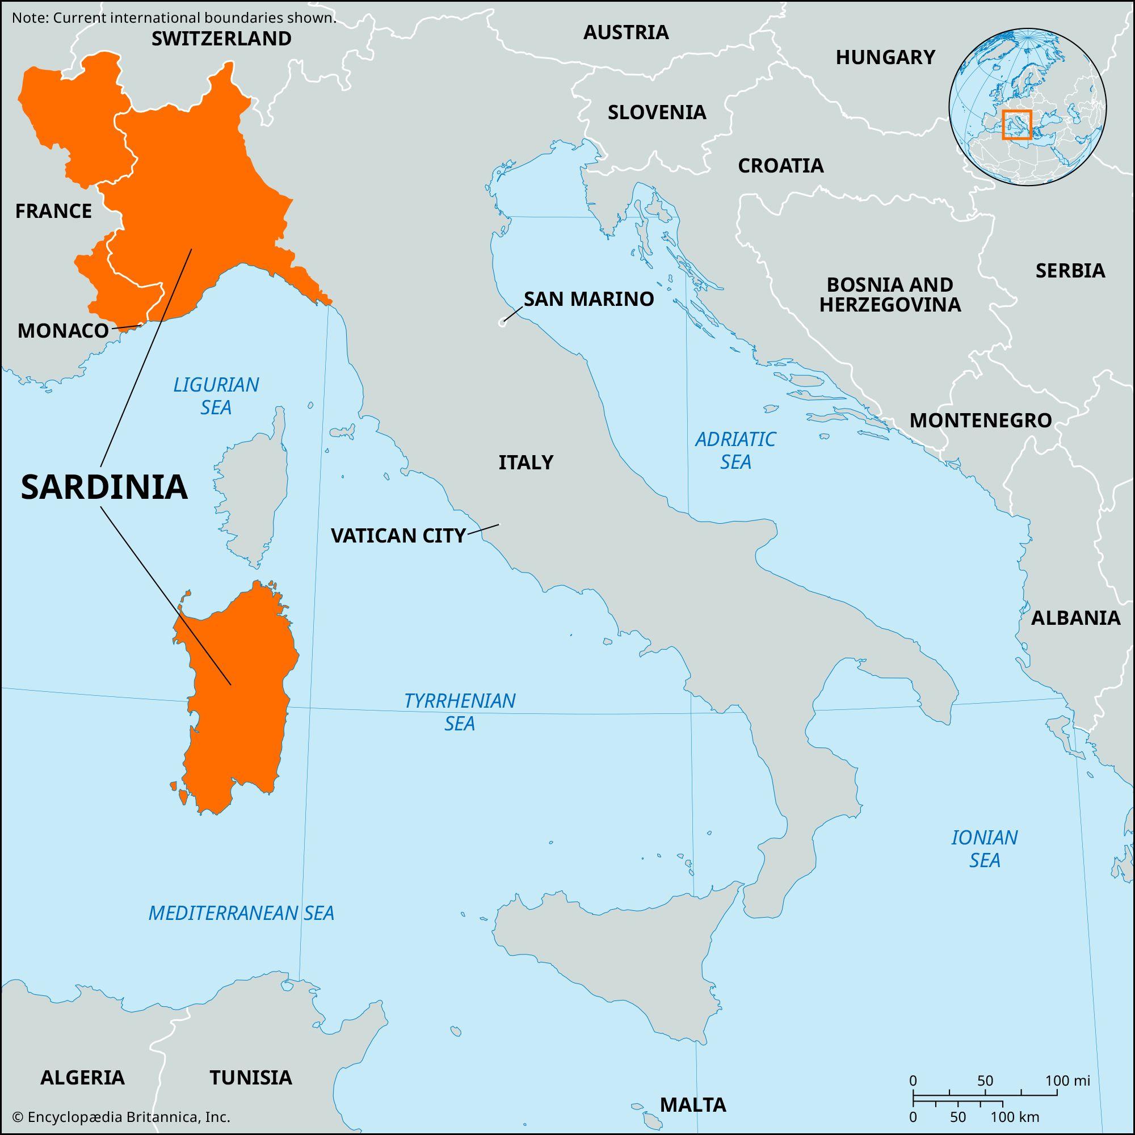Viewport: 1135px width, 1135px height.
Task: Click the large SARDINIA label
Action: [104, 487]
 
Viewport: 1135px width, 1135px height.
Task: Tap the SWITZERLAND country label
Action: [221, 39]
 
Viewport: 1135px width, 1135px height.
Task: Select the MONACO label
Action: [63, 331]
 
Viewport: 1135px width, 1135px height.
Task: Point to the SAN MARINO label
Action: [588, 299]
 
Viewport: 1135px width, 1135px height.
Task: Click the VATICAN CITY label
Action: [398, 535]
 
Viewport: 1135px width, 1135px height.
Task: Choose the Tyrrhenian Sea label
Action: [460, 712]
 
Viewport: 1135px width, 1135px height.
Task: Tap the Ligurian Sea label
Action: [216, 396]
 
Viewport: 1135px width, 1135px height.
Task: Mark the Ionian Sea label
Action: [985, 848]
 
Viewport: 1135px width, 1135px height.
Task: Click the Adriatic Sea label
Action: [735, 450]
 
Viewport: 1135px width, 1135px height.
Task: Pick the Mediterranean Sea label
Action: [241, 913]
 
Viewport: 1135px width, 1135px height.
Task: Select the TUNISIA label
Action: [251, 1078]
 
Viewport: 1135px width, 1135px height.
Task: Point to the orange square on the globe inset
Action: [1016, 124]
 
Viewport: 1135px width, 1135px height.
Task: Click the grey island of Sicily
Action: [611, 952]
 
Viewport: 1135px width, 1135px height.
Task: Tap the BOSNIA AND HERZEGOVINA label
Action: [889, 295]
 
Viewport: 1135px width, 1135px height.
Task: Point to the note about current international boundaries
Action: [174, 18]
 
